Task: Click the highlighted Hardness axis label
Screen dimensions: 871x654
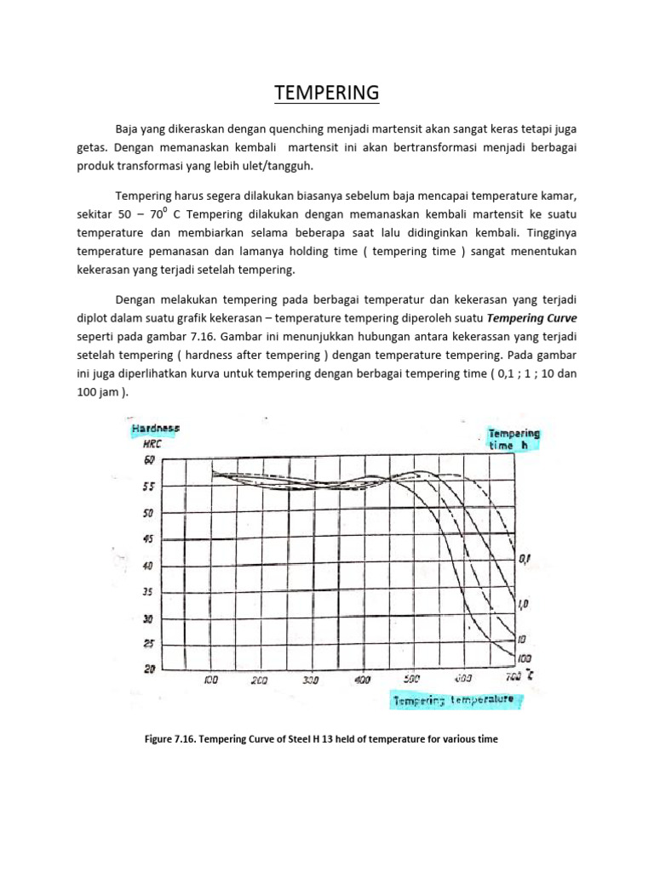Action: [155, 430]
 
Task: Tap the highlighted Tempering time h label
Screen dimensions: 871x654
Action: [513, 438]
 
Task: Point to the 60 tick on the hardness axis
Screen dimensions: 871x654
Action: [150, 460]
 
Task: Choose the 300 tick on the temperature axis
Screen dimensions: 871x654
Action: [311, 680]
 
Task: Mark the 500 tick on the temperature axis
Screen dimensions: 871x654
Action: [413, 680]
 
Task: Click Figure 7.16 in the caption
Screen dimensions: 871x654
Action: [172, 739]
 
